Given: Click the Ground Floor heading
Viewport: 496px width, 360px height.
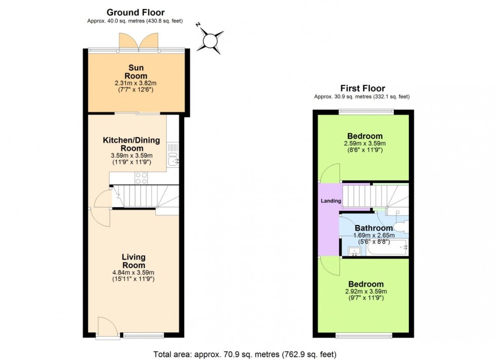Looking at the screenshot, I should pos(135,13).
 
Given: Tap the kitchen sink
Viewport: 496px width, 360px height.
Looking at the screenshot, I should pos(173,159).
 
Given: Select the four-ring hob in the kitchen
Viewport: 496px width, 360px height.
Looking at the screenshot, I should pos(141,178).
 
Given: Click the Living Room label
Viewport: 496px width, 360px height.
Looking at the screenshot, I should pos(134,261).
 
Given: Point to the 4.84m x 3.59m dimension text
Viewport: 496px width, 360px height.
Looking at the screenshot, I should pos(134,273).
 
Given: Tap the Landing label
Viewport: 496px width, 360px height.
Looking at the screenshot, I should pos(331,201).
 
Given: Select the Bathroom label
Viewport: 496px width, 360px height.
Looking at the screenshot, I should pos(374,228).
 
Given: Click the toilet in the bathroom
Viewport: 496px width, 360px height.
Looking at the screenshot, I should pos(399,226).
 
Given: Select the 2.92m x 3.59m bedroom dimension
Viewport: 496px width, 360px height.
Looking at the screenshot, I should pos(364,292).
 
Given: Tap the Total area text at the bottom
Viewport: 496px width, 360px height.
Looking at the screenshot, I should pos(245,354).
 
